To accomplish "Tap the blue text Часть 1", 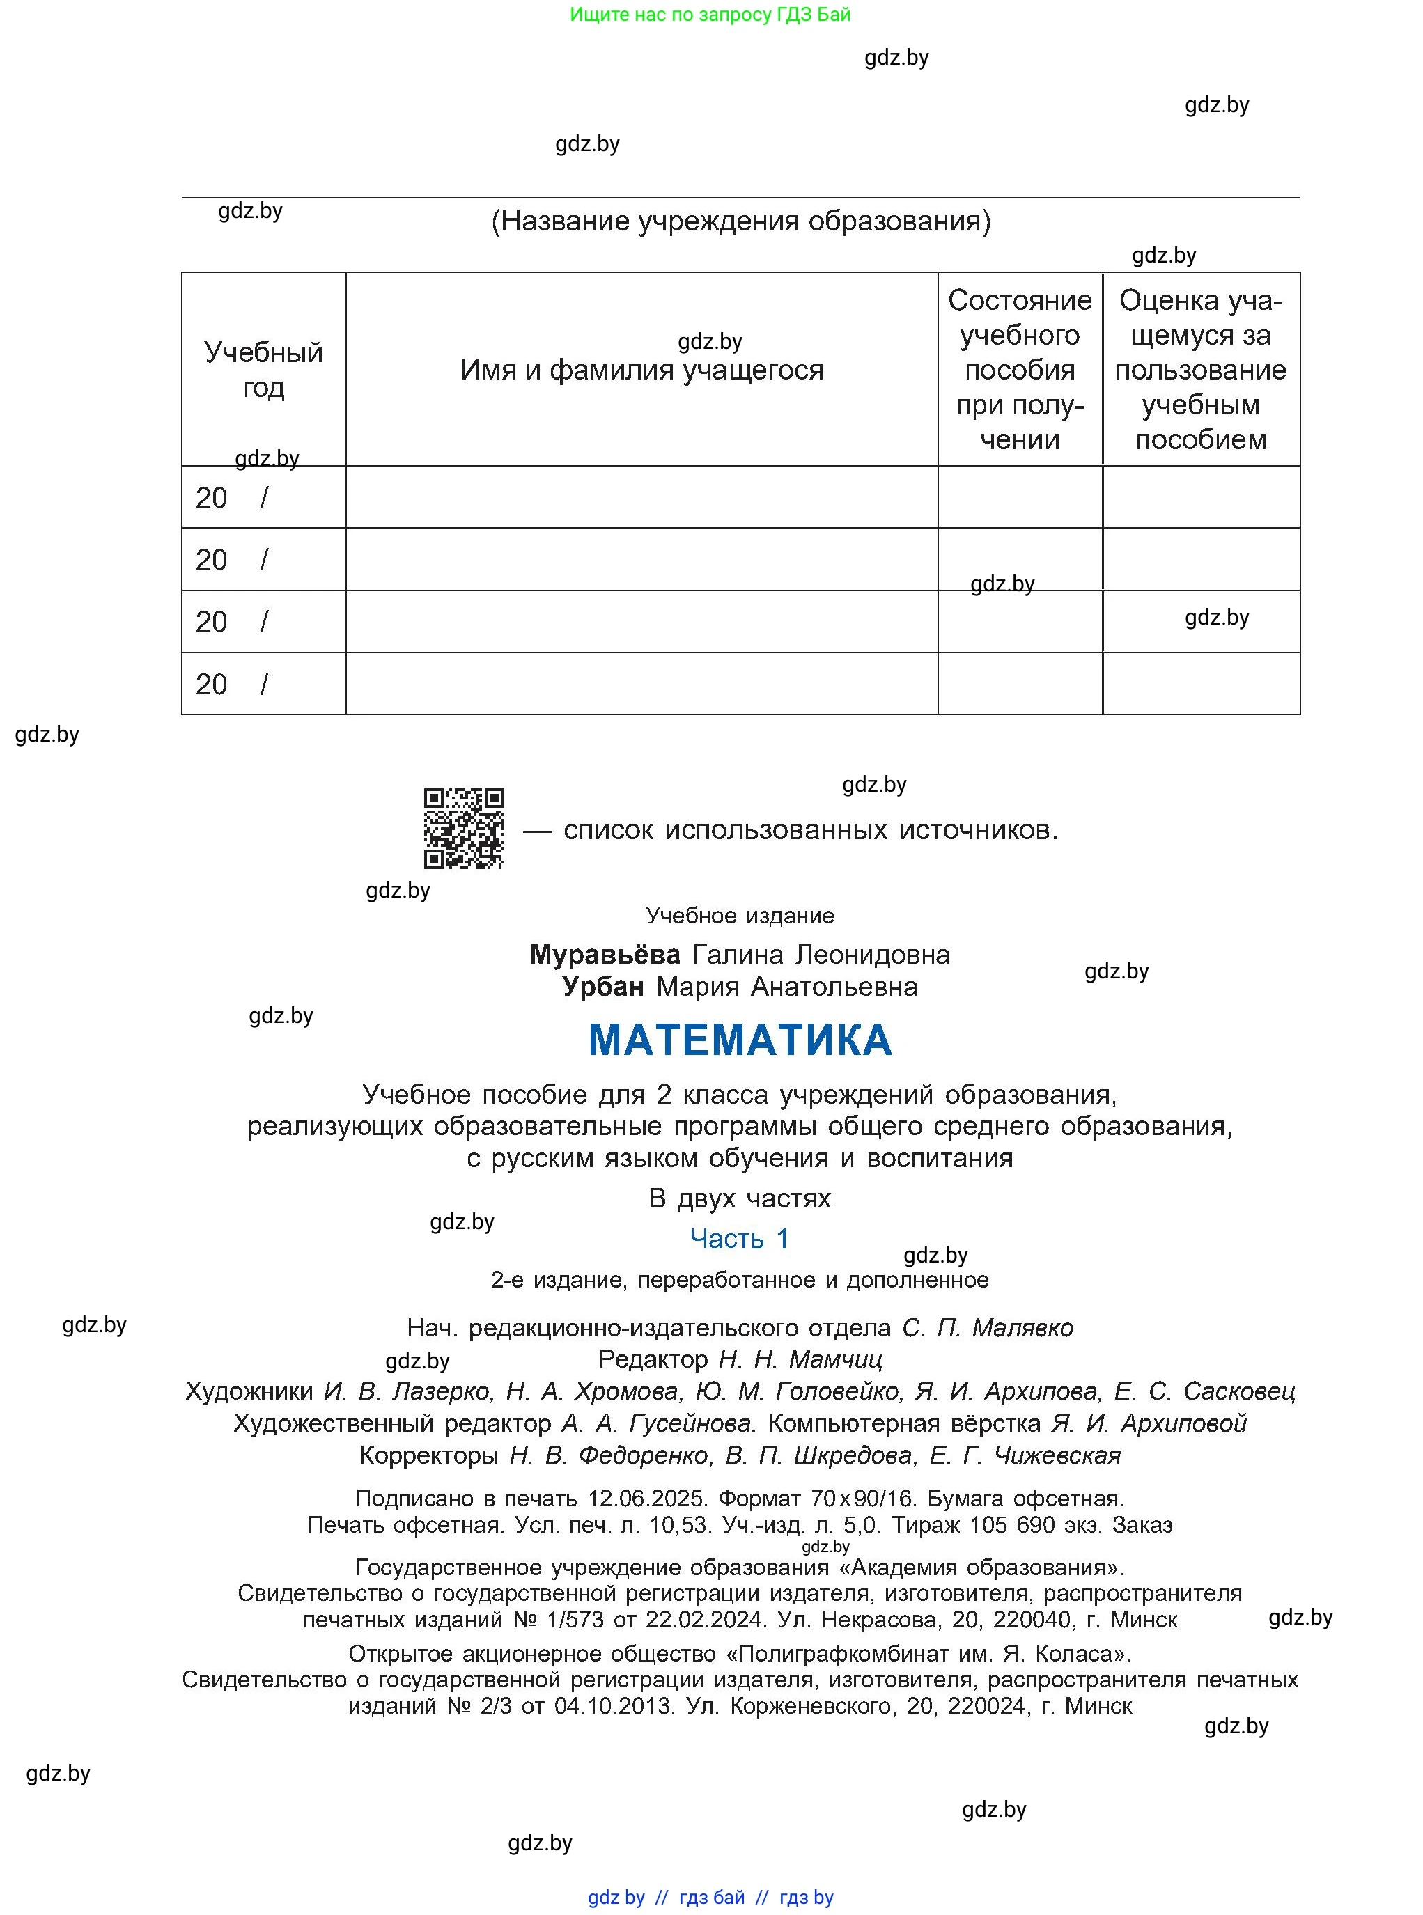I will [x=739, y=1238].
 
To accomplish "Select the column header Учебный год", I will [x=263, y=369].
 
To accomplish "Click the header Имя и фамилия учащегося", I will [x=641, y=370].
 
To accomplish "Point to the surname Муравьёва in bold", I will [x=605, y=954].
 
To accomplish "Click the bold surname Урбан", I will [x=603, y=986].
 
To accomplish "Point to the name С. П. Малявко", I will [x=987, y=1328].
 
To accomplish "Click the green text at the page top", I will [x=710, y=15].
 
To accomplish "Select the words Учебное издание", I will [x=739, y=915].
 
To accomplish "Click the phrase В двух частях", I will [x=739, y=1198].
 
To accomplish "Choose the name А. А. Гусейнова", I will [x=658, y=1423].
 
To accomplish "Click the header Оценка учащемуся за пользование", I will [x=1200, y=369].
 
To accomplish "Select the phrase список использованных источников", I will [x=809, y=830].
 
